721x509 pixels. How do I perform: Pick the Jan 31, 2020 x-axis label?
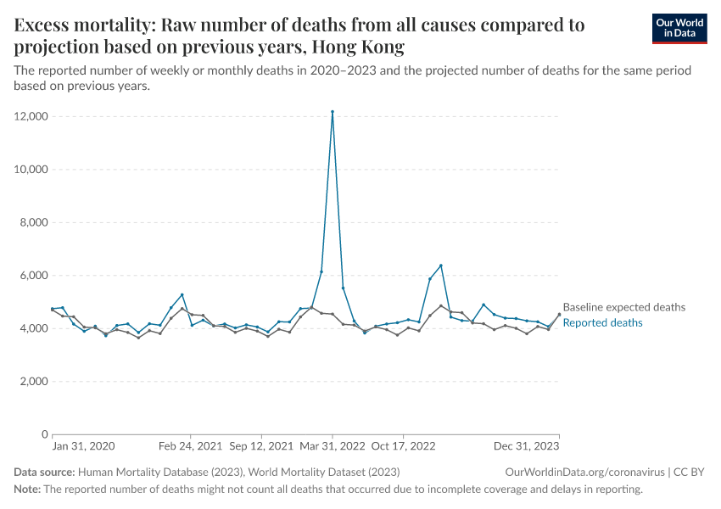(x=84, y=445)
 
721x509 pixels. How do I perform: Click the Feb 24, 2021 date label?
(x=190, y=445)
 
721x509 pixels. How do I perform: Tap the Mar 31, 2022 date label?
(x=332, y=445)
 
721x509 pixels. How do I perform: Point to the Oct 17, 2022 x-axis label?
(x=403, y=445)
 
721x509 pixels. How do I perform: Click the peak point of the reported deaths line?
(x=333, y=111)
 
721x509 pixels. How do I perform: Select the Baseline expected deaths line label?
(x=623, y=307)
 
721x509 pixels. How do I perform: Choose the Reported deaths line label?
(x=602, y=322)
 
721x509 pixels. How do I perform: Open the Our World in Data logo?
(x=679, y=28)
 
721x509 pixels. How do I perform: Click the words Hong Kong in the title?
(x=358, y=46)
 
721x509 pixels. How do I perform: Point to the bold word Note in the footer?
(x=27, y=489)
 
